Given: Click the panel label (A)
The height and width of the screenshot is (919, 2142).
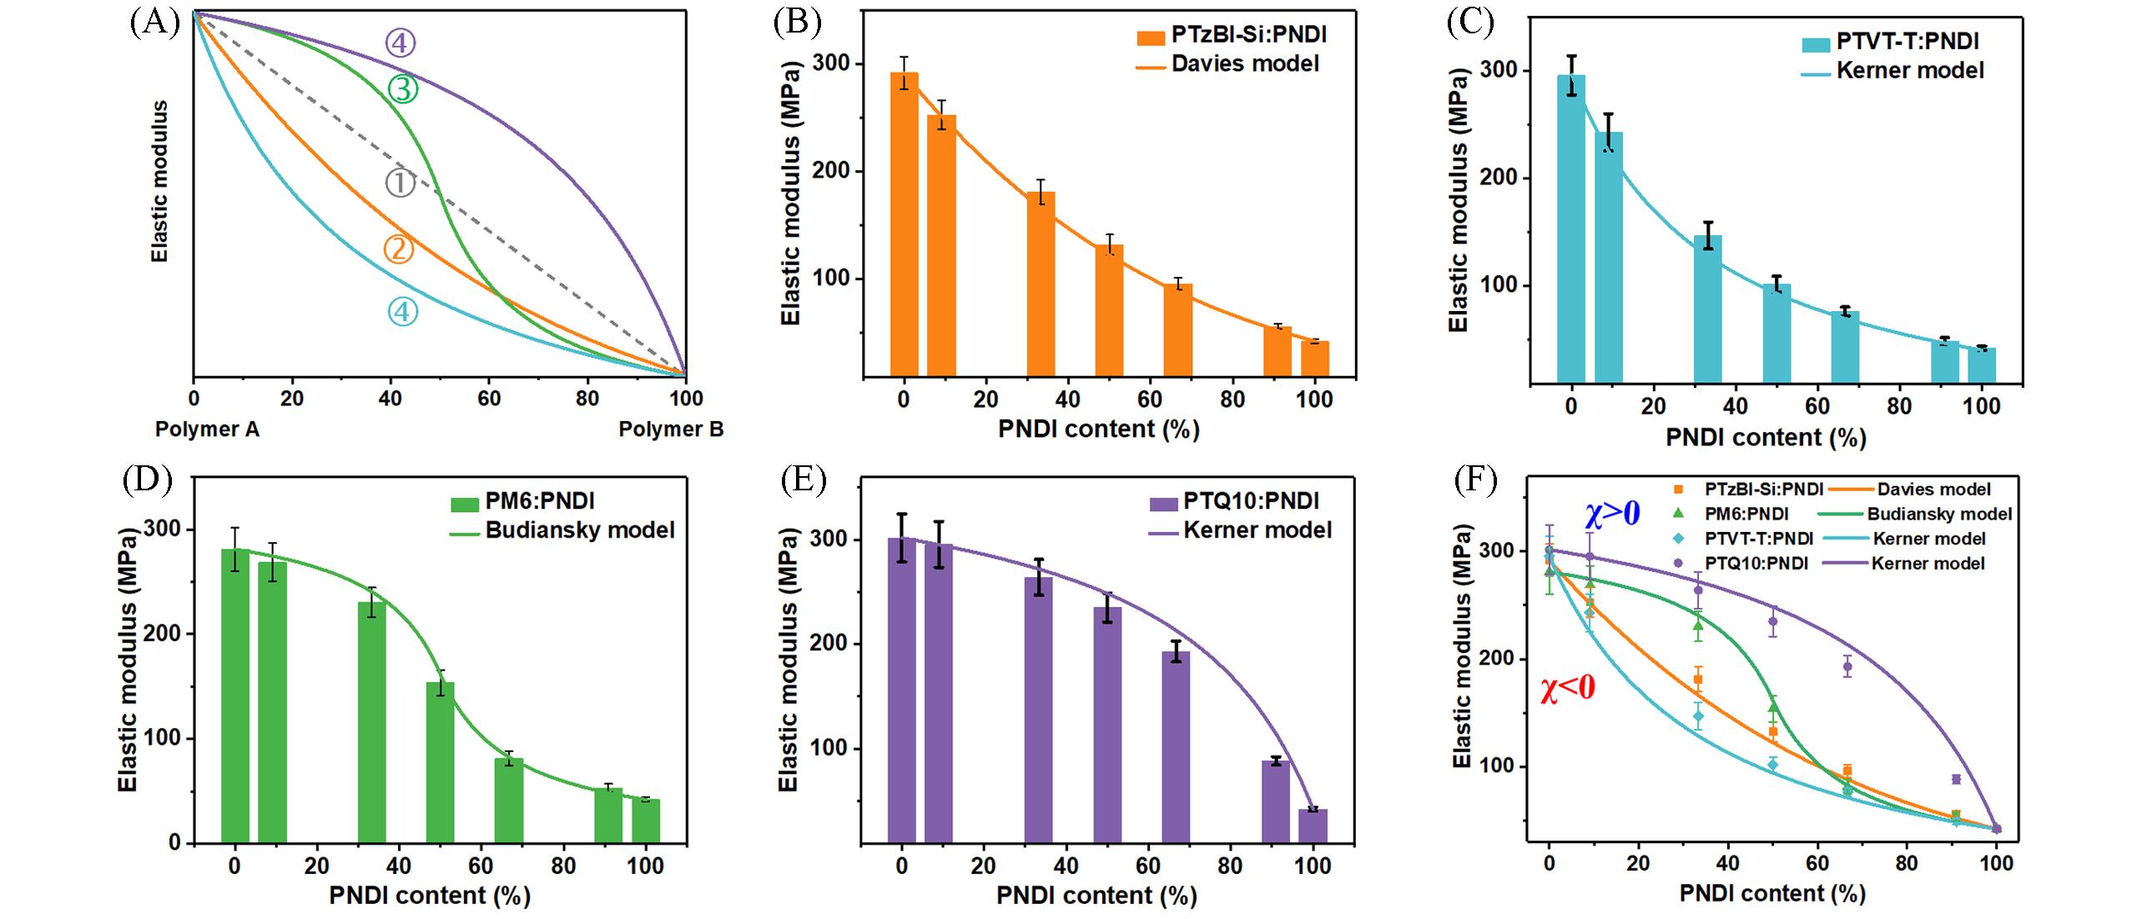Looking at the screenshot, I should [155, 23].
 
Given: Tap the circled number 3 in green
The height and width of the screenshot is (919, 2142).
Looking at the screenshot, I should [402, 88].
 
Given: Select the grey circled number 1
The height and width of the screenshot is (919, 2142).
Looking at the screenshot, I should [400, 183].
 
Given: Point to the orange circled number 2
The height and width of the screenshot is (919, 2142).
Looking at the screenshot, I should [399, 249].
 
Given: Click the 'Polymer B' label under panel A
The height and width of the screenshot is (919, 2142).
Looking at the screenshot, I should [671, 429].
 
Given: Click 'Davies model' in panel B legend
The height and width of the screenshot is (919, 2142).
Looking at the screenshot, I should [1245, 64].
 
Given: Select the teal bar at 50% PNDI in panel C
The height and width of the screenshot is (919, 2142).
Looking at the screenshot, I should [1777, 334].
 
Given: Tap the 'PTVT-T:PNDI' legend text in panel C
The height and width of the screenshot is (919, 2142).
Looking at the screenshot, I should [1907, 42].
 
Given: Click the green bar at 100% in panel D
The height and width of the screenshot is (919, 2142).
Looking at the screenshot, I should [646, 821].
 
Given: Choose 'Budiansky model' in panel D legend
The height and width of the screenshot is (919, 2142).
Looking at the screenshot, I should [579, 530].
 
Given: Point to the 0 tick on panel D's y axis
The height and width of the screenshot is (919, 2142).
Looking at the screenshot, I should [174, 843].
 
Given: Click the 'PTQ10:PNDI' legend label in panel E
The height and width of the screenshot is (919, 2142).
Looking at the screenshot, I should [1251, 501].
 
